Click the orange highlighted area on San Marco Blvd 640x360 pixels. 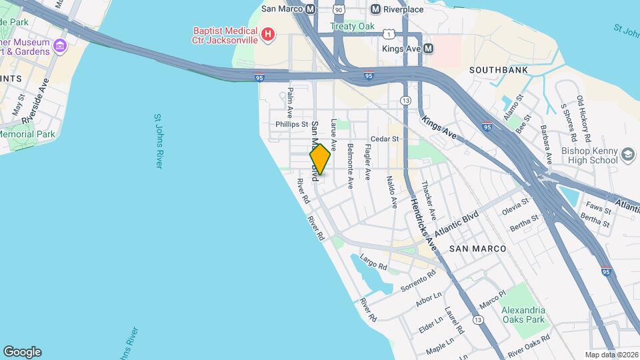pyautogui.click(x=320, y=159)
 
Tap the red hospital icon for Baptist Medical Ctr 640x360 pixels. pyautogui.click(x=268, y=34)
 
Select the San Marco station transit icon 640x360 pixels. pyautogui.click(x=310, y=9)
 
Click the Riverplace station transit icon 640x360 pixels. pyautogui.click(x=376, y=9)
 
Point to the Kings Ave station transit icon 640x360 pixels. pyautogui.click(x=428, y=49)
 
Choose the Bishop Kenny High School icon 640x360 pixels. pyautogui.click(x=627, y=155)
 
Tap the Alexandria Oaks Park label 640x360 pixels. pyautogui.click(x=523, y=315)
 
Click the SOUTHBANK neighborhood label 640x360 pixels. pyautogui.click(x=499, y=70)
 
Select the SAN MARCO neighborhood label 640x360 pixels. pyautogui.click(x=477, y=248)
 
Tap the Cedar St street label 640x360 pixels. pyautogui.click(x=385, y=139)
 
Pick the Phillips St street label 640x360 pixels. pyautogui.click(x=292, y=124)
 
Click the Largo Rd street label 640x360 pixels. pyautogui.click(x=373, y=261)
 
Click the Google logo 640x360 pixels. pyautogui.click(x=22, y=352)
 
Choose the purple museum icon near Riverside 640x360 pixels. pyautogui.click(x=60, y=46)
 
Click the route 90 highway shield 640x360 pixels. pyautogui.click(x=339, y=9)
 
